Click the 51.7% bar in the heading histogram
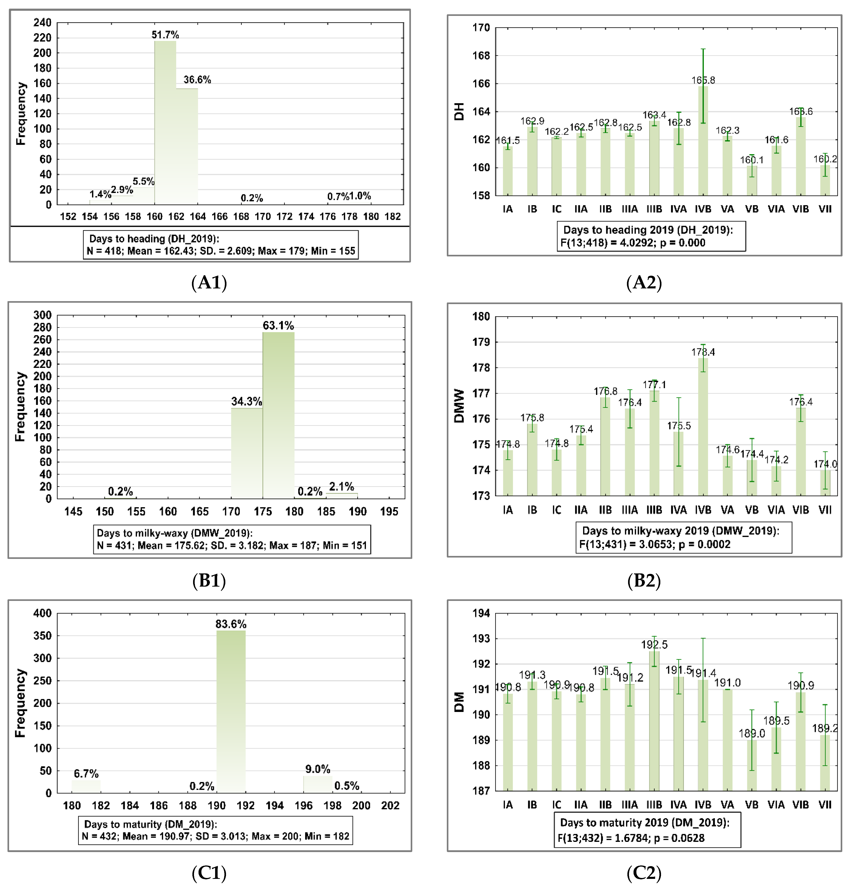(x=165, y=122)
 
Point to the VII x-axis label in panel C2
(x=825, y=805)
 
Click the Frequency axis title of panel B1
(x=20, y=406)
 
